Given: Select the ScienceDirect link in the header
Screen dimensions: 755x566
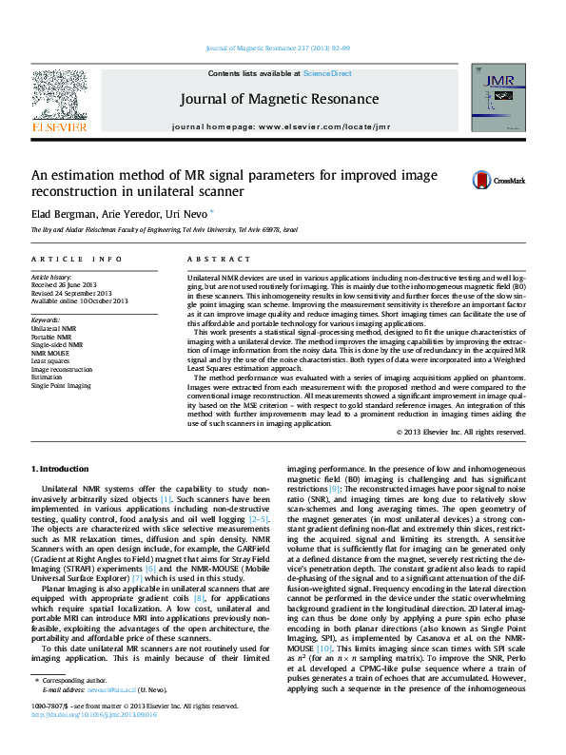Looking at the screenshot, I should coord(327,73).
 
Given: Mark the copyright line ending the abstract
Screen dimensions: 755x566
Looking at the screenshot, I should coord(460,432).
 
